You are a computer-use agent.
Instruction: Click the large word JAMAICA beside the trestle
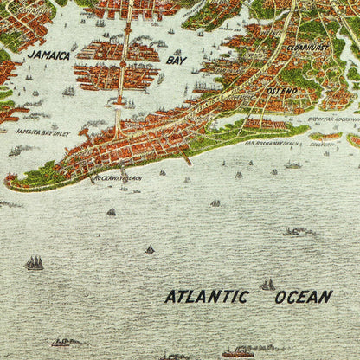point(48,55)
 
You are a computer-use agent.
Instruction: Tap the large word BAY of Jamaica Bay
point(176,61)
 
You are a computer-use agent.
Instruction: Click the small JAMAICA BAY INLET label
point(42,132)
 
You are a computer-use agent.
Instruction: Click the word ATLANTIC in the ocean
point(207,297)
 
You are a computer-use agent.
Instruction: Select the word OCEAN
point(303,297)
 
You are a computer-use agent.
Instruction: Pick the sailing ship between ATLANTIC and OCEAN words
point(267,284)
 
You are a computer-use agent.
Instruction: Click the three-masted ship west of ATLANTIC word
point(34,262)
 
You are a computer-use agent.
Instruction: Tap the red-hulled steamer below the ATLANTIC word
point(238,352)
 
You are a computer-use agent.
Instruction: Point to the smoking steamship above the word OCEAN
point(299,231)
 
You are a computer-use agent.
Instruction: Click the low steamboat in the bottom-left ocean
point(65,343)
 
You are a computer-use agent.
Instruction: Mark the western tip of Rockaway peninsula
point(9,183)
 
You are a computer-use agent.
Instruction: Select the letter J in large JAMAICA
point(29,55)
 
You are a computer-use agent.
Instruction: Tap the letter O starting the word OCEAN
point(280,297)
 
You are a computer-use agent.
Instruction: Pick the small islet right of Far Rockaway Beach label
point(325,136)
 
